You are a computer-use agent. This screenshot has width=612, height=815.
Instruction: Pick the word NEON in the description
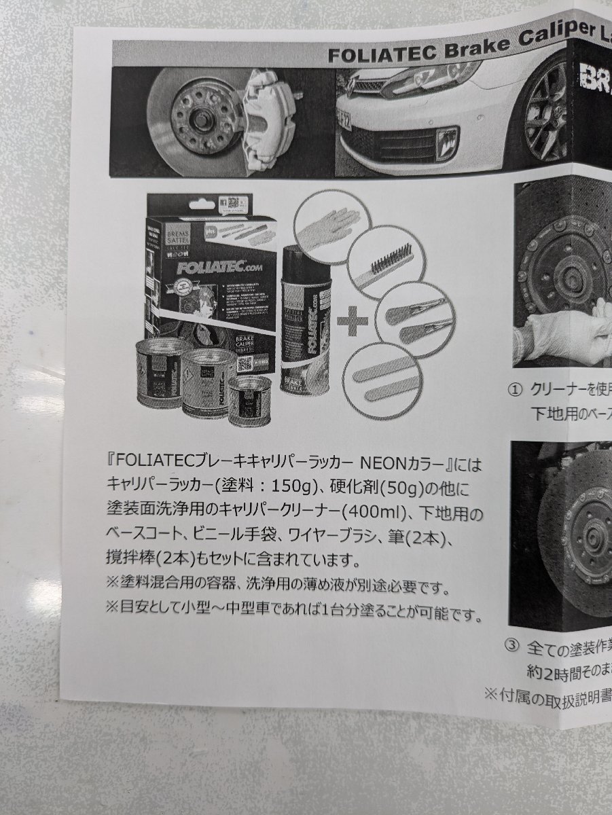tap(383, 467)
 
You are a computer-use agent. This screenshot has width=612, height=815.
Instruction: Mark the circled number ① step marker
tap(516, 390)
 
